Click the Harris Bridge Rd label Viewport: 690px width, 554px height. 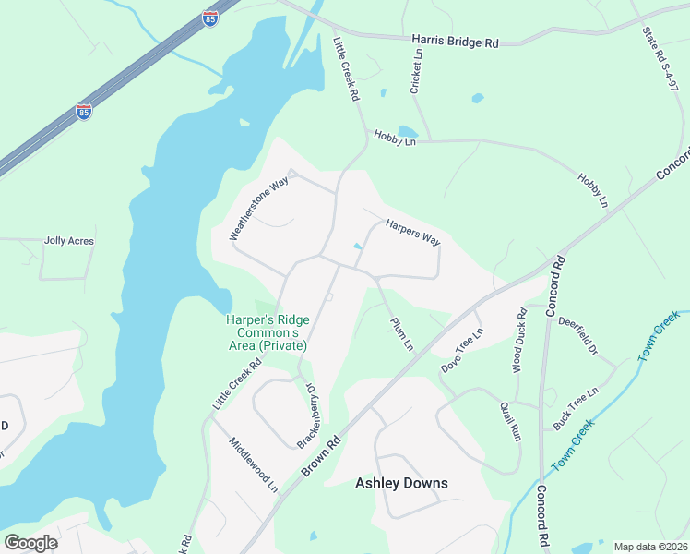click(455, 42)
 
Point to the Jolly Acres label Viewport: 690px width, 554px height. click(69, 241)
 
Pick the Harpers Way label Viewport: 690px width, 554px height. click(412, 232)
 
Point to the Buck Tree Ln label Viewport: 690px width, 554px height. click(576, 405)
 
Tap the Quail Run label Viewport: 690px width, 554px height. click(510, 421)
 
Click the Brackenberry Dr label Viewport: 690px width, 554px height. click(307, 416)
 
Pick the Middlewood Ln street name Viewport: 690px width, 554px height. click(254, 464)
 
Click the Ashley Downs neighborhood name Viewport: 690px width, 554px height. click(401, 483)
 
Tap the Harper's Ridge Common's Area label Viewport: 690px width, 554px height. click(268, 332)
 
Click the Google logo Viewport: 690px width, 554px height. click(30, 542)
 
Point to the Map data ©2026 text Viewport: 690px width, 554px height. click(649, 547)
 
